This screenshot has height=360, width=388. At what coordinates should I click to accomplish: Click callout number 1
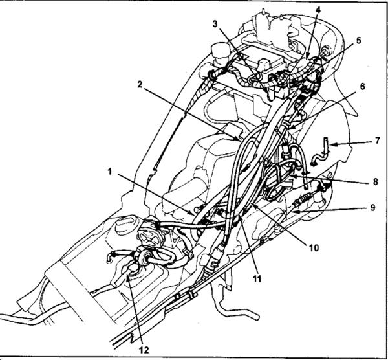point(111,172)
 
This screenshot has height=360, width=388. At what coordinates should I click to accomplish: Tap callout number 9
point(372,208)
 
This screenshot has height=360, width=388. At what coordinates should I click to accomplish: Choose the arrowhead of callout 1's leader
point(195,211)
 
